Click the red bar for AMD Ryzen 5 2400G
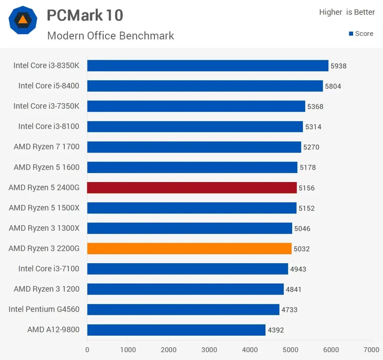192,188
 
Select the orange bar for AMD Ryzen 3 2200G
189,249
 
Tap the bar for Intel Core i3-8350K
208,66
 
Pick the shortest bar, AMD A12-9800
176,330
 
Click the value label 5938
338,66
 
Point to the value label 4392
276,330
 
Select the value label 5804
333,86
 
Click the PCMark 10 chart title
85,15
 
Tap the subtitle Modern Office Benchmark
111,36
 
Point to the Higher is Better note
347,12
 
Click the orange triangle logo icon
23,20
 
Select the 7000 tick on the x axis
371,350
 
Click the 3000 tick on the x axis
209,350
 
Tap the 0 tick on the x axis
87,350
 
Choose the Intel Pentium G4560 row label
44,310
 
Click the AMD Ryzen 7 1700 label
47,147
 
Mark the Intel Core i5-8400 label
49,86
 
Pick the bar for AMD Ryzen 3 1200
186,289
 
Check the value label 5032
302,249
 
